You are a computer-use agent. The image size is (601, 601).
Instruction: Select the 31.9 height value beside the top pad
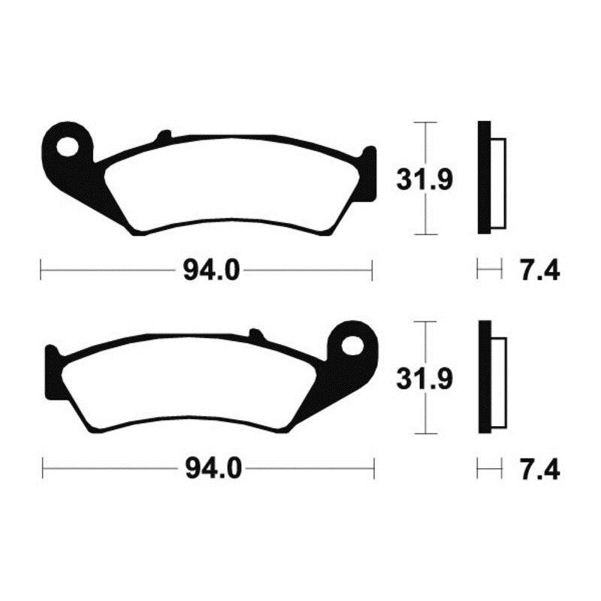[424, 180]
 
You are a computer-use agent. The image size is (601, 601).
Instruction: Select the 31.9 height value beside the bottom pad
[424, 379]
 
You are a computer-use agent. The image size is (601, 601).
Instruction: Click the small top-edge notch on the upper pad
[162, 137]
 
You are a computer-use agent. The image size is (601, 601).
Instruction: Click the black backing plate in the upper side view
[483, 180]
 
